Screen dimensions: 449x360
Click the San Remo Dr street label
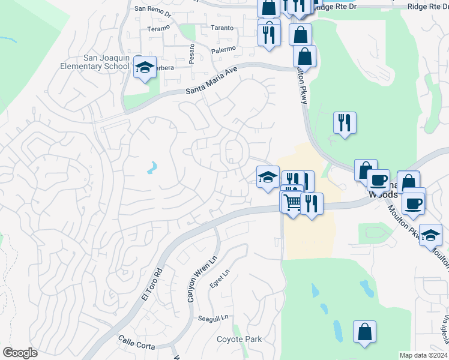point(153,9)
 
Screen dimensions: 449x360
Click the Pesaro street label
point(192,53)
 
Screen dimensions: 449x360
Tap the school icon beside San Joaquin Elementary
point(145,68)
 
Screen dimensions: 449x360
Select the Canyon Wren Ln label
point(192,284)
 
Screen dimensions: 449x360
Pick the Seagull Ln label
point(215,317)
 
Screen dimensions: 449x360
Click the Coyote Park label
point(239,339)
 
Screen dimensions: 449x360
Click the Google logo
point(20,353)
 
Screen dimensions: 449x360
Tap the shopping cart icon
point(292,203)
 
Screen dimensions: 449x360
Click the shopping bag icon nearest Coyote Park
point(364,332)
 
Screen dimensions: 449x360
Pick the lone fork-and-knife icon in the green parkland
point(345,123)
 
